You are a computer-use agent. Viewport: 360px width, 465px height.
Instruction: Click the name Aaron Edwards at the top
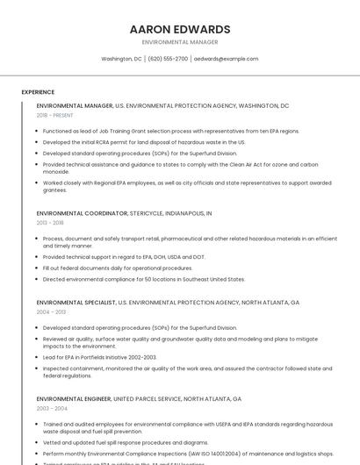click(179, 29)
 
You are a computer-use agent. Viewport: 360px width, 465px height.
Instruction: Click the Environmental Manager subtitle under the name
click(179, 41)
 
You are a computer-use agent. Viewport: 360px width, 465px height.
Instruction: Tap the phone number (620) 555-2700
click(168, 59)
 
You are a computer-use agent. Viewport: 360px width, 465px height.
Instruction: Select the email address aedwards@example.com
click(226, 59)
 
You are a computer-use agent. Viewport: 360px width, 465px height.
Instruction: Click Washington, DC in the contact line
click(121, 59)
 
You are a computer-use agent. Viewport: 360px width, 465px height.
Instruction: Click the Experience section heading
click(38, 92)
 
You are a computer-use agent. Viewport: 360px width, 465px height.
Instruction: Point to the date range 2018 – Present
click(54, 115)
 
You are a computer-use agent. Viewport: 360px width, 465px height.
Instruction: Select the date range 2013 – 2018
click(50, 223)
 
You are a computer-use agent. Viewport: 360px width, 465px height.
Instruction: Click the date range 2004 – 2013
click(51, 311)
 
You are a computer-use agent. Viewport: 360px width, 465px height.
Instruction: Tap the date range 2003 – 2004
click(51, 408)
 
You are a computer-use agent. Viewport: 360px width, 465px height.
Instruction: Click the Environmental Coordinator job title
click(82, 213)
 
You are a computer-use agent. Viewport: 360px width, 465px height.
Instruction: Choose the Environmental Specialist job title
click(76, 302)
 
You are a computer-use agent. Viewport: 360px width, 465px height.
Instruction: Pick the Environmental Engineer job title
click(74, 398)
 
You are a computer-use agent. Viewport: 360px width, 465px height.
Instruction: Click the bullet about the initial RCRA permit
click(144, 141)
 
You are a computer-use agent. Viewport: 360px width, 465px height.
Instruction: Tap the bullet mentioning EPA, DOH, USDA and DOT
click(124, 257)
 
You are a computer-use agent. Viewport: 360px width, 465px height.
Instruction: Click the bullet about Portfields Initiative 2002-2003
click(99, 357)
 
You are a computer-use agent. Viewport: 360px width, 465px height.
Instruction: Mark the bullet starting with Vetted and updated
click(126, 443)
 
